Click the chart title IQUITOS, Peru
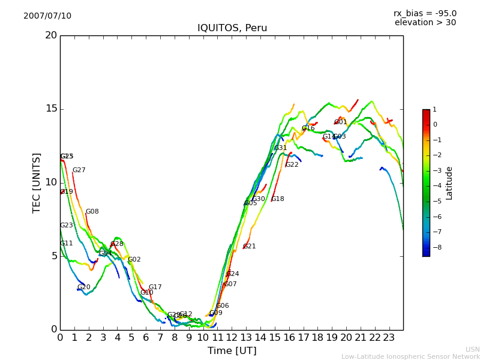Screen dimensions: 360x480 coord(232,28)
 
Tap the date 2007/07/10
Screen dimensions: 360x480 coord(47,16)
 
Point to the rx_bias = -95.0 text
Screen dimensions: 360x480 coord(425,14)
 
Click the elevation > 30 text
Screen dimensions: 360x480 coord(425,23)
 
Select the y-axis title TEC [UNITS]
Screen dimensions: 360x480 coord(37,182)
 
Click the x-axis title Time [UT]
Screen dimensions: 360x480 coord(232,351)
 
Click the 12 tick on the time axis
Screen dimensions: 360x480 coord(232,338)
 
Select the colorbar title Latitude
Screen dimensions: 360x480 coord(449,183)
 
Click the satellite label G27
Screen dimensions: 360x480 coord(79,170)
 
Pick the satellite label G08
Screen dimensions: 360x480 coord(92,212)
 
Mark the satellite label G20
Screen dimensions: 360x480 coord(84,287)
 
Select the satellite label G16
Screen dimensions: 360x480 coord(308,128)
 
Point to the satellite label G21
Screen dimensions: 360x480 coord(250,247)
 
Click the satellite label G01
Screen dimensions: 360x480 coord(341,122)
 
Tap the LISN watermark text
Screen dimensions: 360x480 coord(473,349)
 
